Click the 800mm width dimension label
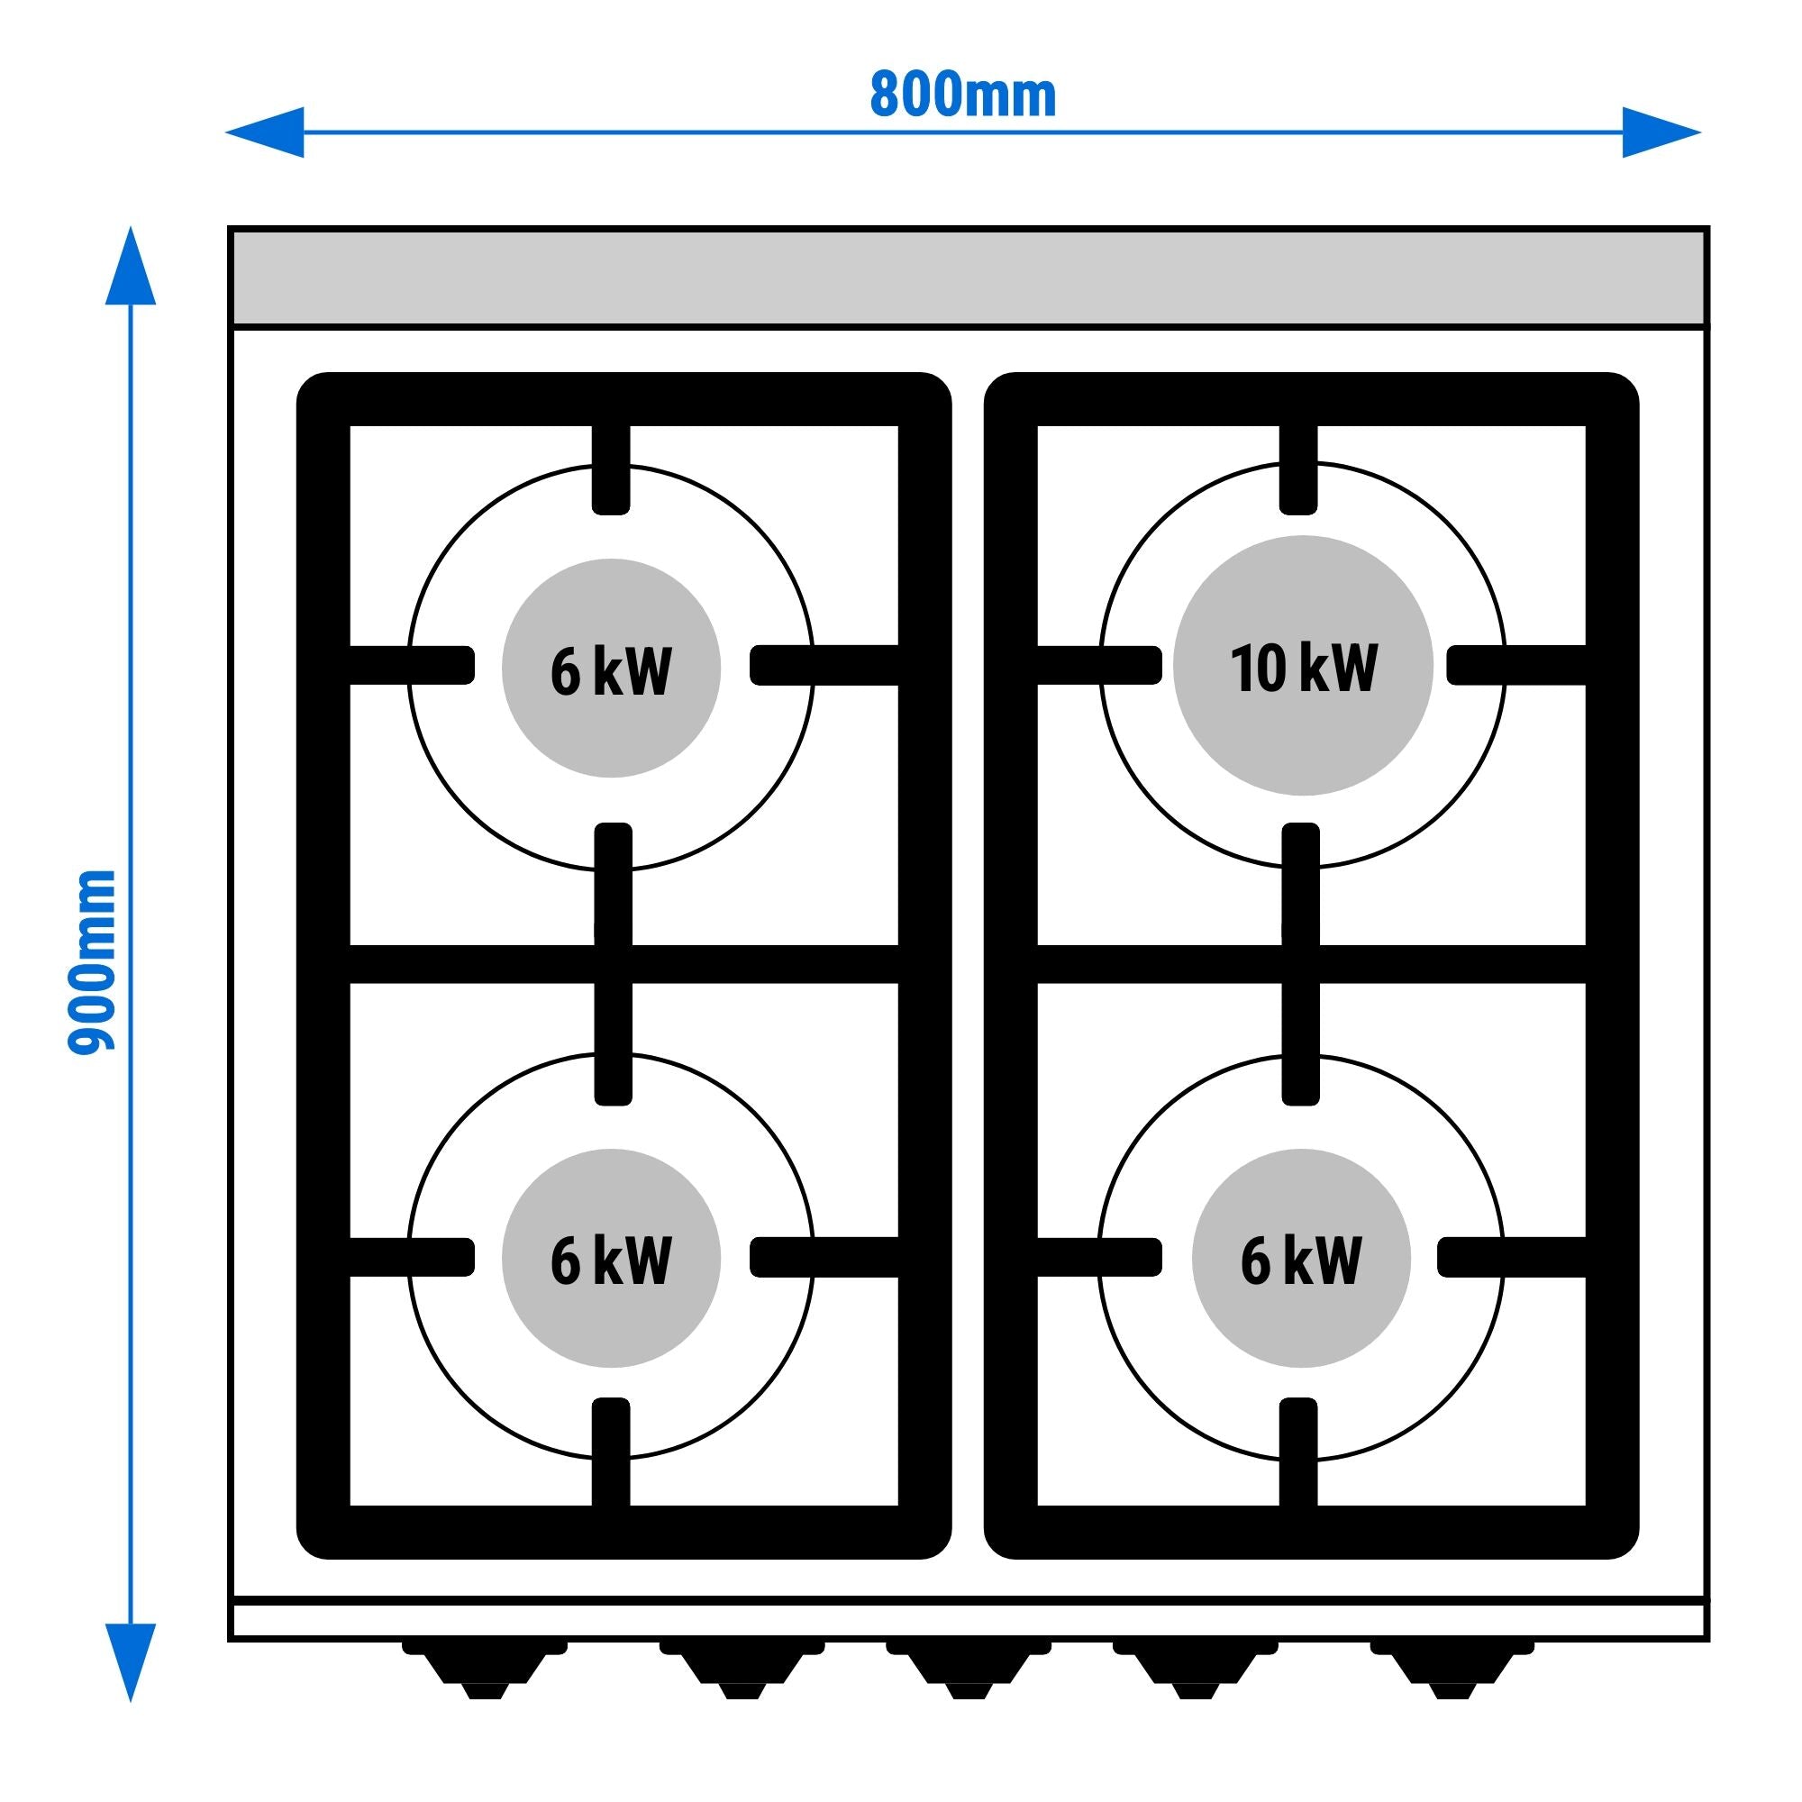(962, 96)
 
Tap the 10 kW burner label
(1302, 667)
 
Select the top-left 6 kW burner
(611, 669)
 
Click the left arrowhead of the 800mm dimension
(267, 132)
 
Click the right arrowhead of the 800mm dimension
(1661, 132)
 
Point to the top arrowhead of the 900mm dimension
(130, 266)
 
